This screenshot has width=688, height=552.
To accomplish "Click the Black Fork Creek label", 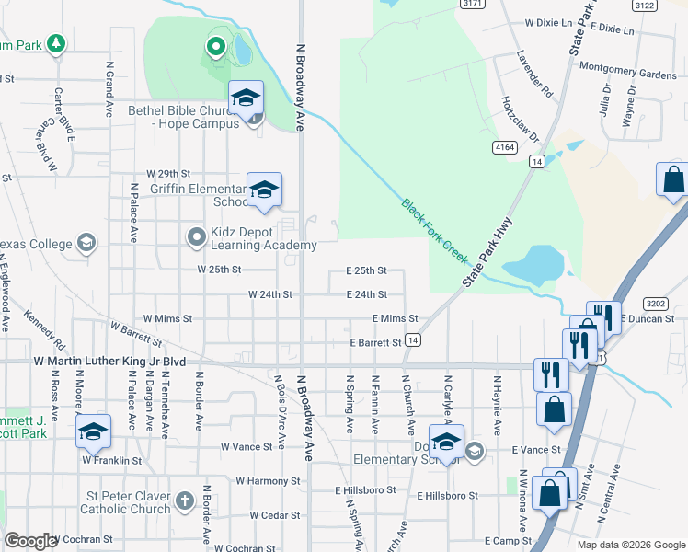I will coord(435,231).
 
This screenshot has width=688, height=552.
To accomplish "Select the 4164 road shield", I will coord(504,147).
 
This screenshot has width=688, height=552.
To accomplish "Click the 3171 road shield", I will coord(472,4).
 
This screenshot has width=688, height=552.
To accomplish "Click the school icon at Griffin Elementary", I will coord(264,190).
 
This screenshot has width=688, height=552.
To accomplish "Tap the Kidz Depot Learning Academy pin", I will coord(195,238).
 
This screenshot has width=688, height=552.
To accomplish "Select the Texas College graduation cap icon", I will coord(86,244).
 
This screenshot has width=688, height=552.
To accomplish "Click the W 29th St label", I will coord(167,174).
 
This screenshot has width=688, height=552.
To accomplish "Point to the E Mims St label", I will coord(395,318).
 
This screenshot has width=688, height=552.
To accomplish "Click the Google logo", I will coord(31,541).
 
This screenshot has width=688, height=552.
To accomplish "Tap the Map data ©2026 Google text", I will coord(630,545).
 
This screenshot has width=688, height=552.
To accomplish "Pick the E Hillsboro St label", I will coord(448,496).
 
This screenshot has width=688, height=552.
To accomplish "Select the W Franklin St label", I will coord(112,459).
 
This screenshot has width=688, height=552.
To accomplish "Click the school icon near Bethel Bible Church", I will coord(247,98).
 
